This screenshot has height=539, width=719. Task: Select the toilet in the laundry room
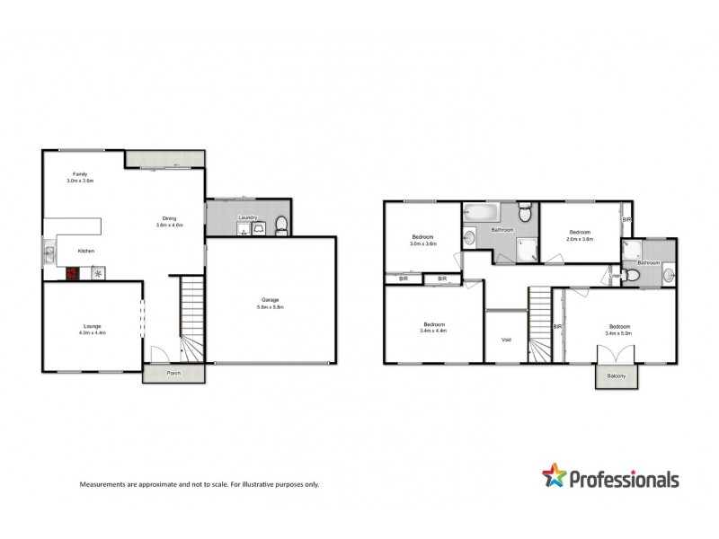(x=280, y=225)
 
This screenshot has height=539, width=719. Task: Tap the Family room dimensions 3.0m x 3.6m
(x=80, y=181)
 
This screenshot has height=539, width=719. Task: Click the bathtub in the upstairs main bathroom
(x=480, y=214)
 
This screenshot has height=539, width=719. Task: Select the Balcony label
(x=617, y=376)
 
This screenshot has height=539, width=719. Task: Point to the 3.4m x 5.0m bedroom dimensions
(x=619, y=332)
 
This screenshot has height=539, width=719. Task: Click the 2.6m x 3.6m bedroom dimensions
(x=581, y=239)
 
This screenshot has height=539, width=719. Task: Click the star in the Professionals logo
(x=555, y=476)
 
